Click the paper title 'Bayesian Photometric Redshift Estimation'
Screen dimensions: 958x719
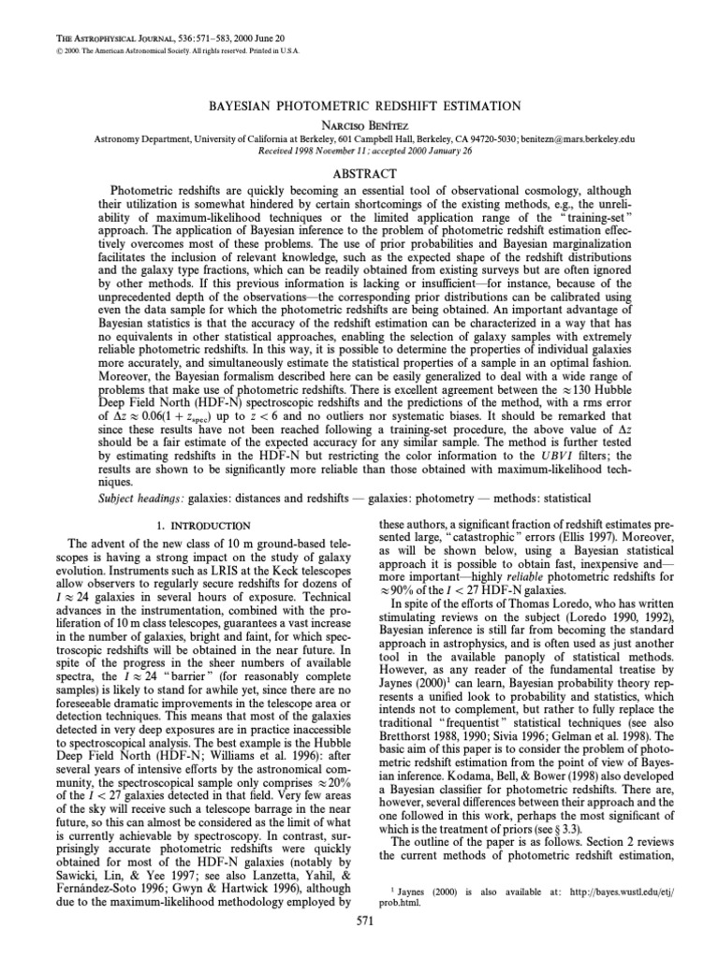[x=359, y=106]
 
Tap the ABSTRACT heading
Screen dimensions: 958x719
[x=359, y=173]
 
